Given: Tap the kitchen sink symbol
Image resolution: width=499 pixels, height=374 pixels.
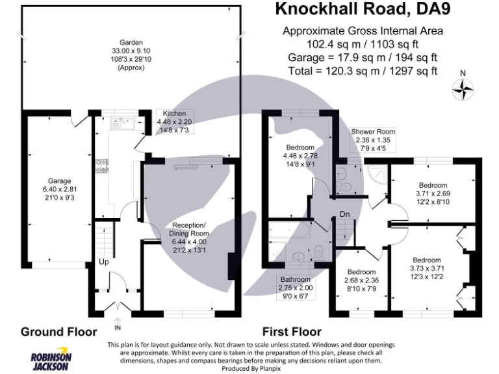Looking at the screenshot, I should pos(122,121).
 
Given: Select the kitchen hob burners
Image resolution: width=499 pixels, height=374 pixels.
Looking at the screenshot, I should pos(101,167).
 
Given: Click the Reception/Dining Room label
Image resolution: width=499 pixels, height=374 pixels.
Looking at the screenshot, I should pos(189,233).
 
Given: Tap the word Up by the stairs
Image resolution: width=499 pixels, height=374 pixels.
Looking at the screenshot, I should pos(104,262).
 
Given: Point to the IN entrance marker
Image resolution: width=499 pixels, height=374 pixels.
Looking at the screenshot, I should pos(117,319).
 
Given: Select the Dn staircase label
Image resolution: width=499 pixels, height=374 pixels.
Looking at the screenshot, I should pos(344,214).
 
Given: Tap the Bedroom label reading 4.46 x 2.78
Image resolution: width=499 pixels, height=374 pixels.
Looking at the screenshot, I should pos(300,156).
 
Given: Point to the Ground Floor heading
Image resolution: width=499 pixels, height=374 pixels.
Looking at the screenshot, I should pos(58,332).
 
